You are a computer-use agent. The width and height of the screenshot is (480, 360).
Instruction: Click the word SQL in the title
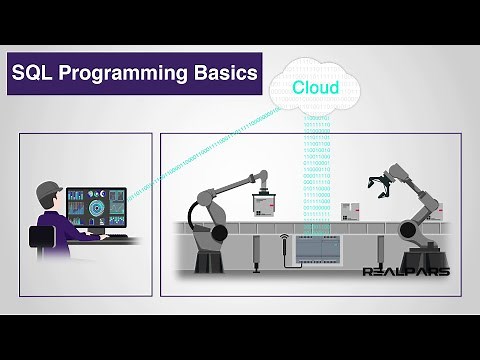(35, 74)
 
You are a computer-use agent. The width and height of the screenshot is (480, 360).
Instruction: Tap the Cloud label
(315, 88)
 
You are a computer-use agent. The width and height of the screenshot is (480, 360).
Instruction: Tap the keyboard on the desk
(117, 239)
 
